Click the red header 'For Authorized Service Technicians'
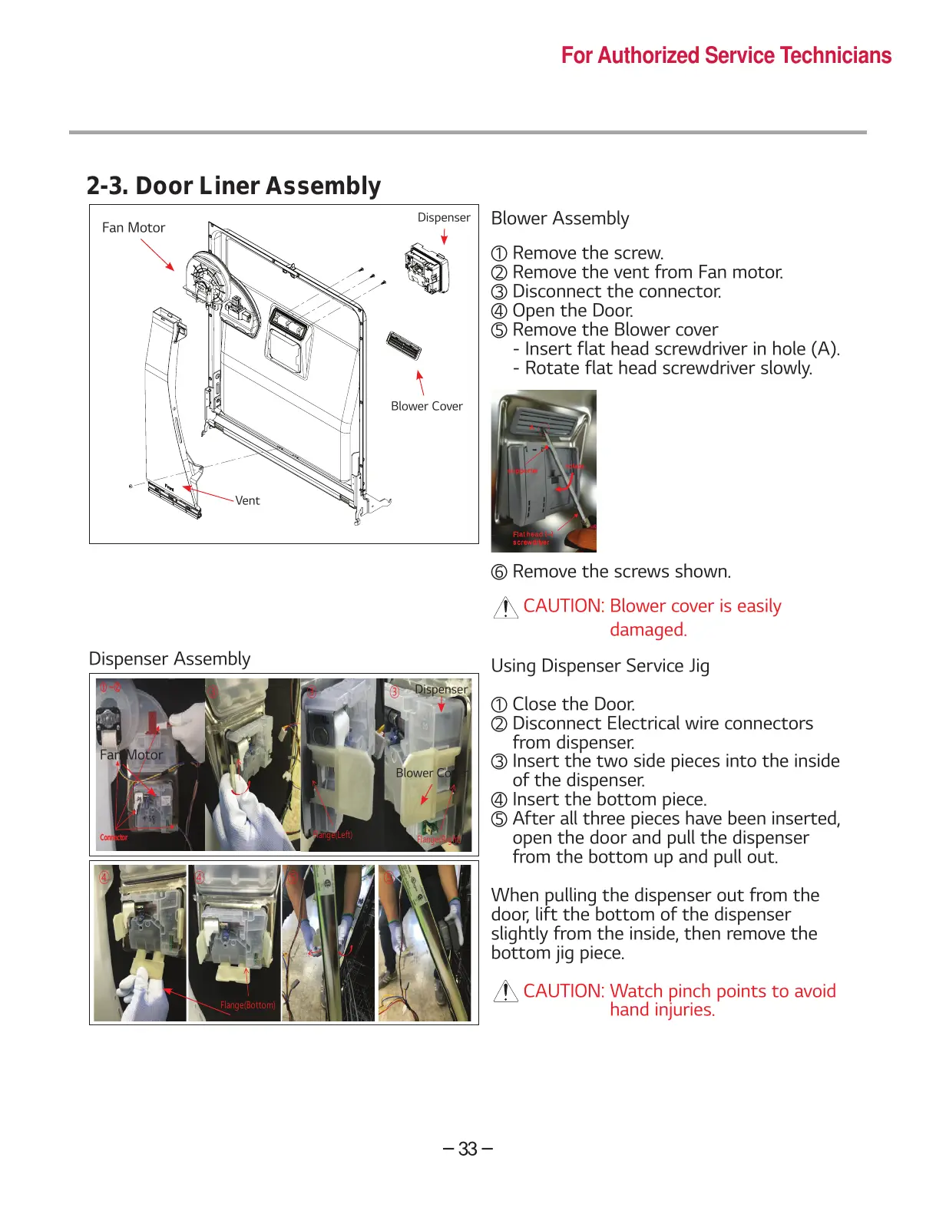coord(726,55)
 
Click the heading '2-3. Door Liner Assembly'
coord(233,186)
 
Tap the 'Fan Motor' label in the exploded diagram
coord(134,228)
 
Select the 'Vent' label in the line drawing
coord(247,500)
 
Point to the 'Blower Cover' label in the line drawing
coord(426,406)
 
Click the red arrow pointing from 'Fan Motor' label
coord(157,255)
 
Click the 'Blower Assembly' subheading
coord(560,219)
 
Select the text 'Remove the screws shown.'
coord(621,572)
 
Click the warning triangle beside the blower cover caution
coord(505,609)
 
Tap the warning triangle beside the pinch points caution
coord(505,991)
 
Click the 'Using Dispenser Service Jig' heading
coord(600,665)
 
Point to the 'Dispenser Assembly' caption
coord(170,659)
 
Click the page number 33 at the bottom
coord(468,1149)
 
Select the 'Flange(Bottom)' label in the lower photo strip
coord(247,1005)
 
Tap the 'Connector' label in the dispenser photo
coord(114,837)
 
